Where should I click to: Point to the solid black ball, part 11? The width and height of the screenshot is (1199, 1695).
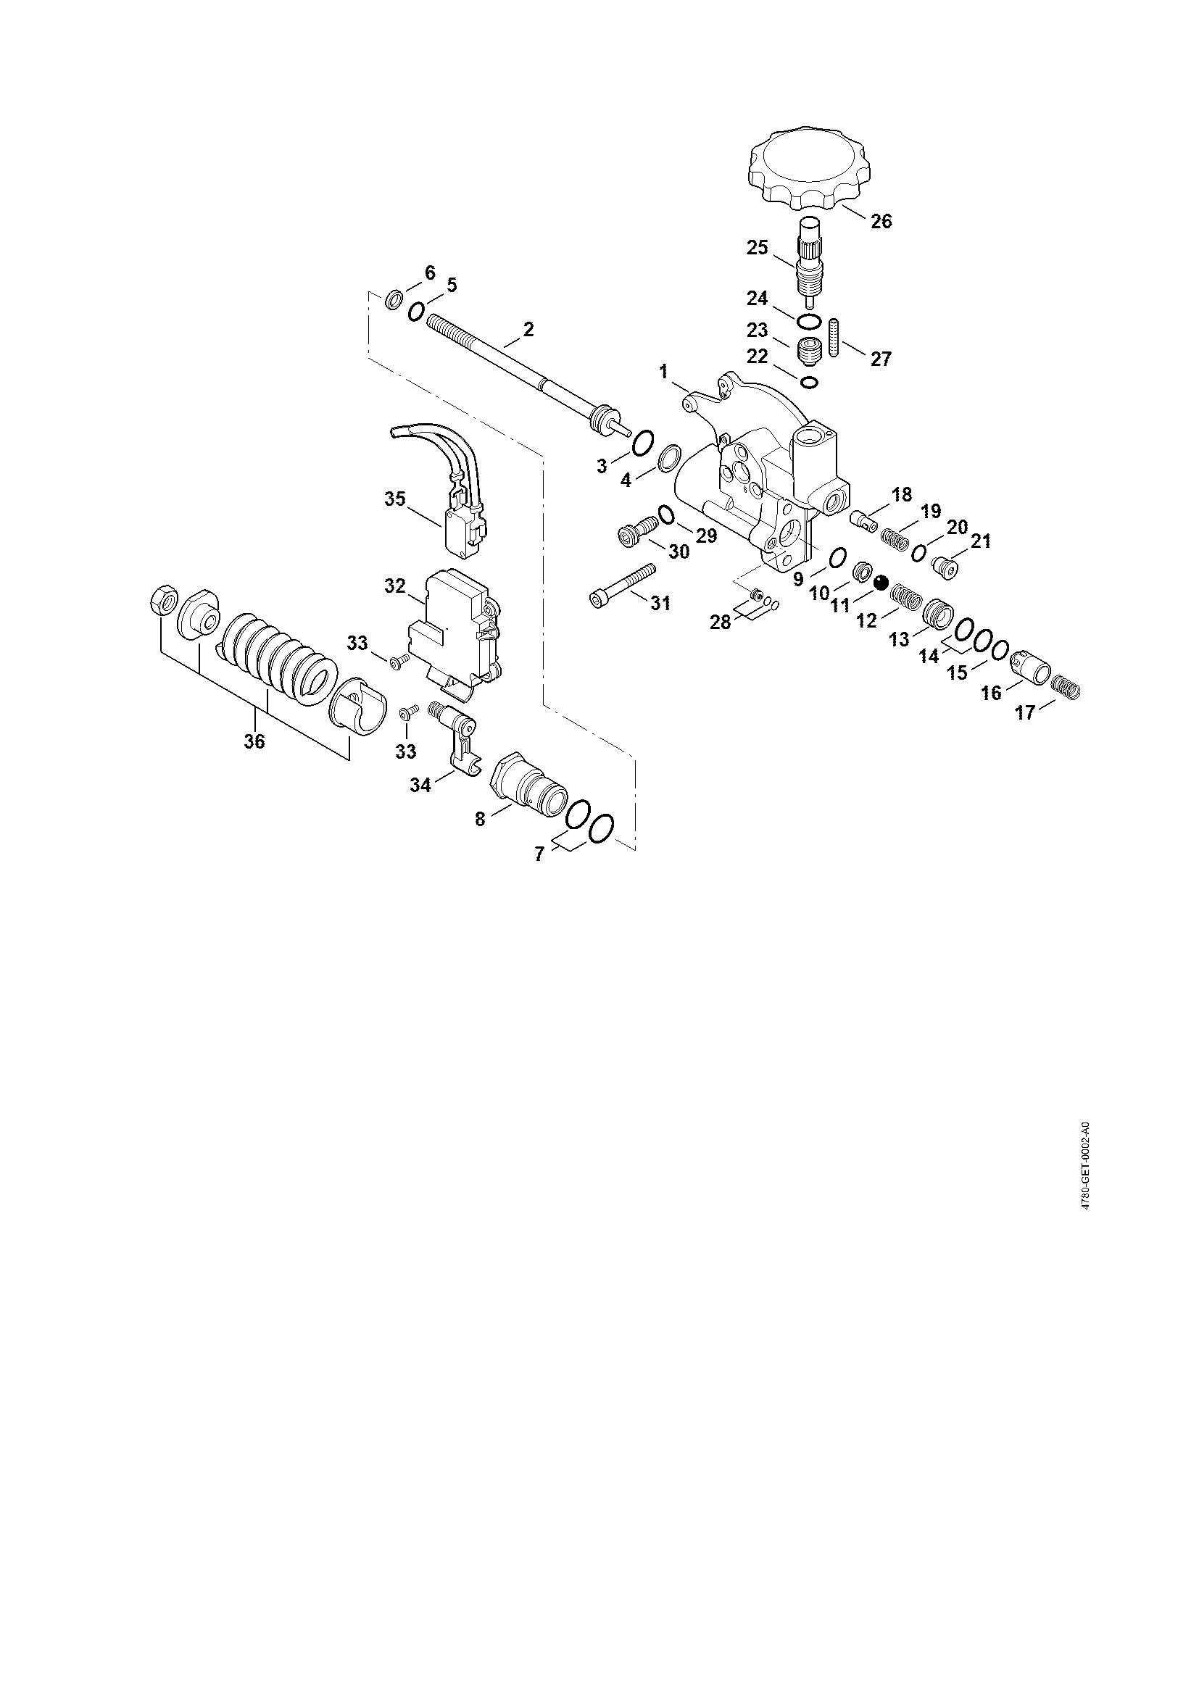[880, 583]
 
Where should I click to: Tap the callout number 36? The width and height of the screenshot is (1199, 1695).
[254, 741]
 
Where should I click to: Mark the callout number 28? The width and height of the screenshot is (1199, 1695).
[720, 622]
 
